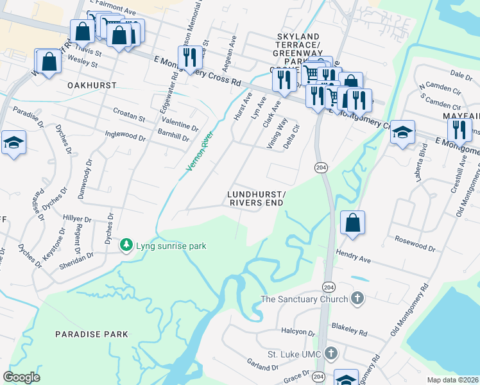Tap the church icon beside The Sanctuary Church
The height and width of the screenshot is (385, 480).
tap(358, 299)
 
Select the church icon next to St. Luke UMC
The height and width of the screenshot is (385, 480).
tap(330, 354)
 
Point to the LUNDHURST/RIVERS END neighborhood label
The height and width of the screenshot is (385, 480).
tap(256, 198)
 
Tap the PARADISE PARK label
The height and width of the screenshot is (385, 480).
tap(91, 334)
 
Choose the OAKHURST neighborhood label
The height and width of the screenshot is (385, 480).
tap(92, 85)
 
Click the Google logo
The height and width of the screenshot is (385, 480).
tap(21, 377)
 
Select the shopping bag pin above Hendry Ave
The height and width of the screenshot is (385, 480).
tap(352, 223)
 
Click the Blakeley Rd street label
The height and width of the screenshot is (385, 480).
tap(350, 333)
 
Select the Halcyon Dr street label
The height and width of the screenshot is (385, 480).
tap(298, 333)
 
